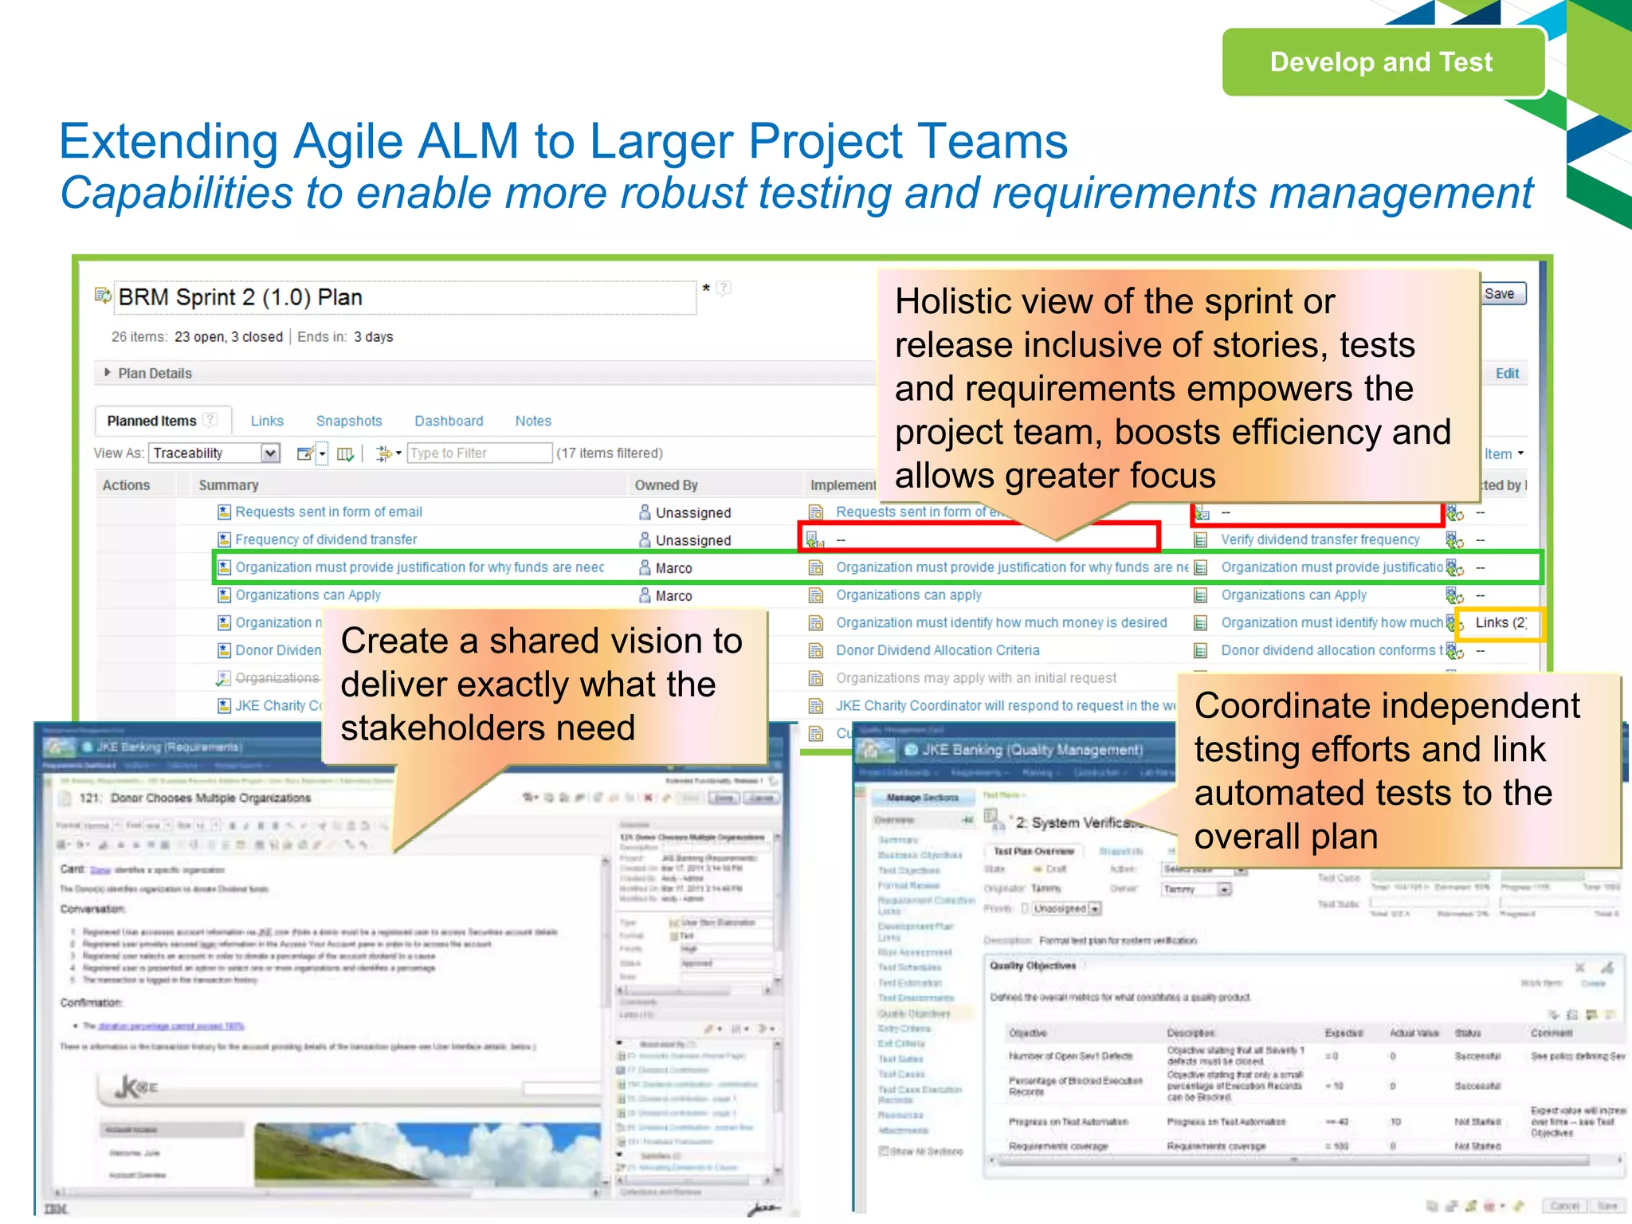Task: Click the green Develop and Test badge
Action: tap(1383, 62)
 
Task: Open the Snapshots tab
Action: tap(349, 421)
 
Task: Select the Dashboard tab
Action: tap(449, 421)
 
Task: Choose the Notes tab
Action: tap(533, 421)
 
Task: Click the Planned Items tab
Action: tap(151, 421)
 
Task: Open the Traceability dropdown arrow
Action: tap(271, 453)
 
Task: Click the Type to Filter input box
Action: tap(479, 453)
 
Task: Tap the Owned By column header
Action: tap(666, 485)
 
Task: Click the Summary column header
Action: tap(229, 485)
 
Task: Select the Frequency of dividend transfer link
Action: tap(326, 539)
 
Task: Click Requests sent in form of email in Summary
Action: tap(328, 512)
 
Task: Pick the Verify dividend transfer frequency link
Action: tap(1320, 539)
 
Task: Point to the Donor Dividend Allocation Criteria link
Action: tap(938, 650)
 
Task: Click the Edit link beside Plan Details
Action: tap(1507, 373)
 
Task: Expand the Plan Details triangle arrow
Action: tap(108, 372)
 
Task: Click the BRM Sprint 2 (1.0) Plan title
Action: tap(240, 297)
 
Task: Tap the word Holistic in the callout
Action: tap(944, 301)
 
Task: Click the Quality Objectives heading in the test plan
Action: tap(1033, 966)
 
